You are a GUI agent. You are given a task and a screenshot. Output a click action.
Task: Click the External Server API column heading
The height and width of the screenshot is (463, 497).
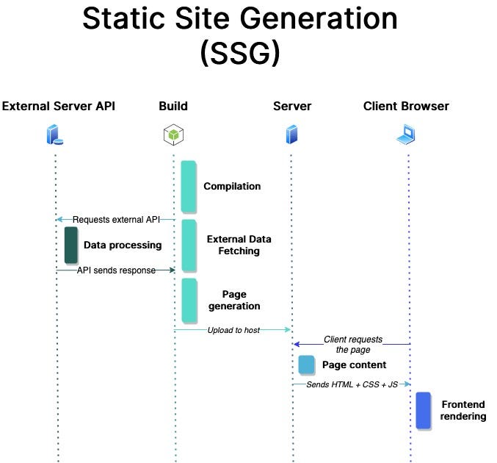(x=59, y=106)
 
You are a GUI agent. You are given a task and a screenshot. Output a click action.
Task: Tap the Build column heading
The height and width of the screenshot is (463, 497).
(x=173, y=106)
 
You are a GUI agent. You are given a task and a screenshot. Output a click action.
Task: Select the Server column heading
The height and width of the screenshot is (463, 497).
(x=292, y=106)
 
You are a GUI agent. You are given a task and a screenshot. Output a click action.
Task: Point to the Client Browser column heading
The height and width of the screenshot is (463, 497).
(x=406, y=106)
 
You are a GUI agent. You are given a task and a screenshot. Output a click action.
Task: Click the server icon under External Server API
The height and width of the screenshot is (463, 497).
(x=55, y=135)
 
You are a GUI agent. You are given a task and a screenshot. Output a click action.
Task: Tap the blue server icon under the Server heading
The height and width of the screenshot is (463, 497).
(x=292, y=134)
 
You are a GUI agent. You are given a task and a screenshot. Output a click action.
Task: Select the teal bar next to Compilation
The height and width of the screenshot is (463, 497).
(x=189, y=186)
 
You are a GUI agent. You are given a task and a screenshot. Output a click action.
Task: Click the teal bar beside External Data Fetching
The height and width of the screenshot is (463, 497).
(x=189, y=245)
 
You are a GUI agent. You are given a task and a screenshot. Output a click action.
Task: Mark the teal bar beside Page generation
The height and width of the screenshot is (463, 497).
(x=189, y=300)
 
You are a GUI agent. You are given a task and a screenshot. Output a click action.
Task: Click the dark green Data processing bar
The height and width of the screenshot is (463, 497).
(x=71, y=245)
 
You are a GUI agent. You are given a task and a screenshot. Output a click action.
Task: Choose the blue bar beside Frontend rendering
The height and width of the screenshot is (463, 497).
(x=423, y=410)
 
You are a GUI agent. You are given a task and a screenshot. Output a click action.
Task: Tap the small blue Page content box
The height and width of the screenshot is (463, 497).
(x=306, y=365)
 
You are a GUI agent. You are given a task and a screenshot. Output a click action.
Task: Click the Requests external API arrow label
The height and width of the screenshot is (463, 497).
(x=116, y=219)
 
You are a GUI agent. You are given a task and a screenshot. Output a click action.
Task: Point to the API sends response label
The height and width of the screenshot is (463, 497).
(x=116, y=270)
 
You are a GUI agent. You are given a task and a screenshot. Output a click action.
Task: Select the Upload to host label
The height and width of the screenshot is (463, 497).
(x=233, y=330)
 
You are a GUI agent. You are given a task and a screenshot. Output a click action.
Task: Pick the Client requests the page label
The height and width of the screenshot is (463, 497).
(x=353, y=345)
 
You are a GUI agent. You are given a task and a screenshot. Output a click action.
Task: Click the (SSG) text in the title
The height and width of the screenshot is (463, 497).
(x=240, y=52)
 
